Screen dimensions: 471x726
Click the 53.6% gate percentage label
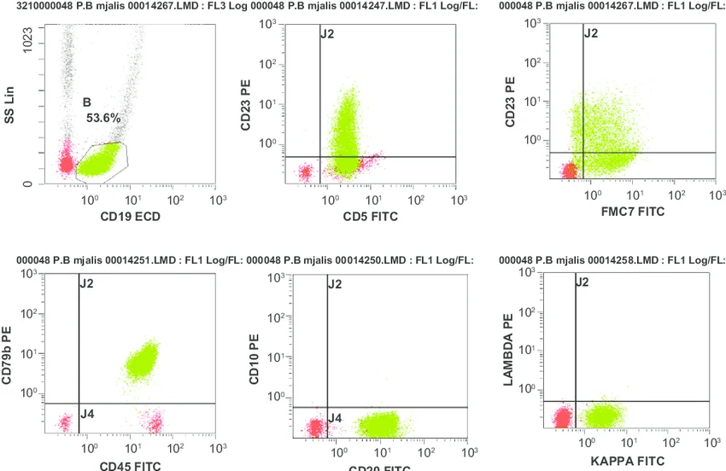103,119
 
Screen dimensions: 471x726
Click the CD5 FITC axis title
371,217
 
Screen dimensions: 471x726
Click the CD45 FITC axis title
128,465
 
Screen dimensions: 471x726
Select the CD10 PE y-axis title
254,359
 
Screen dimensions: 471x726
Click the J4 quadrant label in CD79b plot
86,414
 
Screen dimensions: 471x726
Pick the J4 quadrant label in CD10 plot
336,417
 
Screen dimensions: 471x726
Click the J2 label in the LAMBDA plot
583,282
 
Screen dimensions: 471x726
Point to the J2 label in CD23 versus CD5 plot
327,34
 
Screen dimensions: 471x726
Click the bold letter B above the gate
86,102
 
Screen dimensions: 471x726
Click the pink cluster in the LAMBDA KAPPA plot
561,418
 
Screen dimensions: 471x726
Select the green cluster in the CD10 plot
378,423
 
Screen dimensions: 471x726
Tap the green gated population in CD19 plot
101,159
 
